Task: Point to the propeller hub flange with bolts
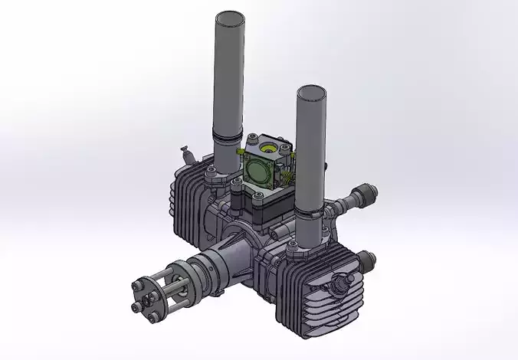(147, 295)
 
